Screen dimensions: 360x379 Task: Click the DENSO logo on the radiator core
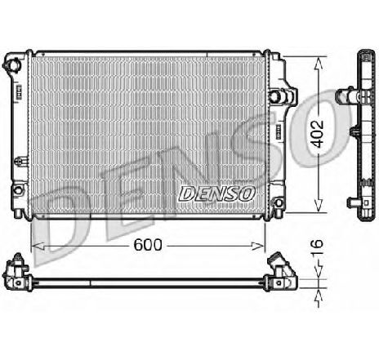216,193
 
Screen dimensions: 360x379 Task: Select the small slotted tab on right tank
277,131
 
